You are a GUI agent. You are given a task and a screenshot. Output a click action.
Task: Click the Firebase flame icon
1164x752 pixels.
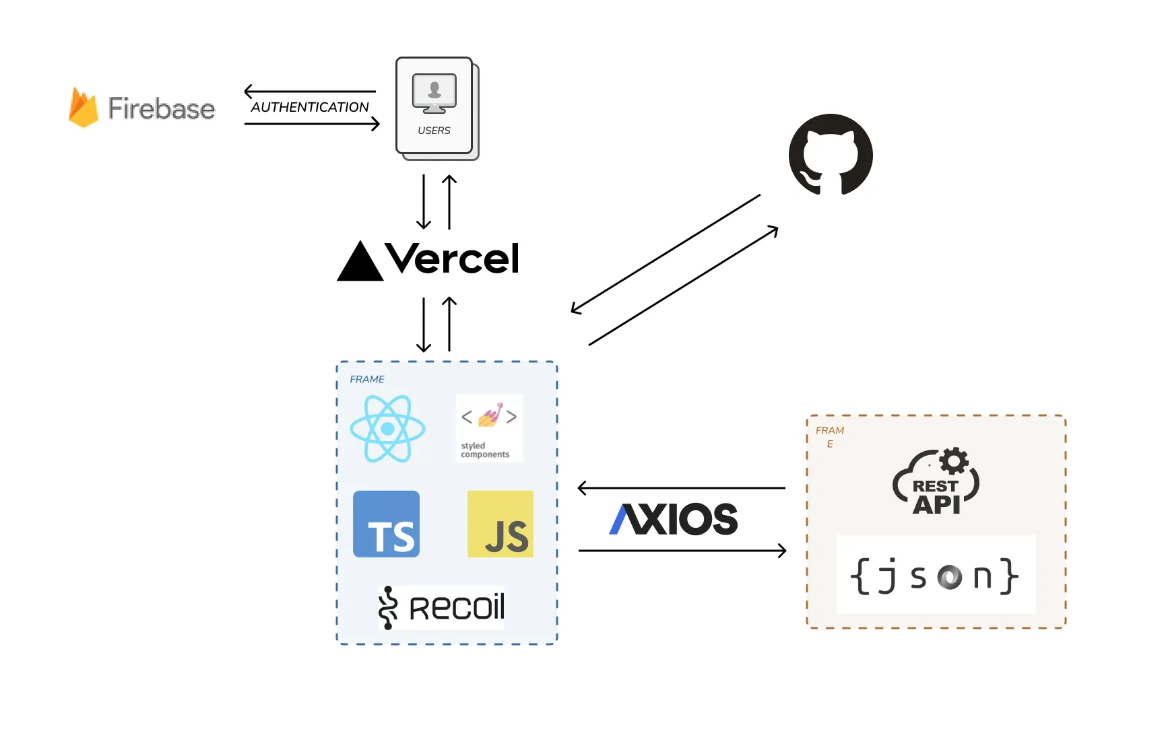coord(84,108)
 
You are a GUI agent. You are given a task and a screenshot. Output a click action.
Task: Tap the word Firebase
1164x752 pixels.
coord(162,108)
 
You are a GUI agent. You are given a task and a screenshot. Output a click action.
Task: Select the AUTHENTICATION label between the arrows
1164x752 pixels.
coord(310,107)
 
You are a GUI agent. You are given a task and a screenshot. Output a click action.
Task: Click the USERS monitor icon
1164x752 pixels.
coord(434,94)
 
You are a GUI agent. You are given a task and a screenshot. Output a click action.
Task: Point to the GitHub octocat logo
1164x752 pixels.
coord(831,155)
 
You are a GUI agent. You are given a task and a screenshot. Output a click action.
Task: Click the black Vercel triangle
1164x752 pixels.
coord(360,262)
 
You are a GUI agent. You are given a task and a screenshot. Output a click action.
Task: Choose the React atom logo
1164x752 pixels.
coord(387,429)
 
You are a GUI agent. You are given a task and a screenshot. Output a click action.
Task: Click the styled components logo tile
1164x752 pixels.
coord(489,428)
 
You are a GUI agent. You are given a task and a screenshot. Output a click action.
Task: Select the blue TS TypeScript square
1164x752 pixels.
coord(386,524)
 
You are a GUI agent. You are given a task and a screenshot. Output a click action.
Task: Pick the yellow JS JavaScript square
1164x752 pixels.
coord(500,524)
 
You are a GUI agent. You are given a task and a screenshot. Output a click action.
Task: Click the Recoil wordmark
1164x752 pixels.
coord(457,608)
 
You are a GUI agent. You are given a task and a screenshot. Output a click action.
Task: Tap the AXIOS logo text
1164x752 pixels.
coord(673,519)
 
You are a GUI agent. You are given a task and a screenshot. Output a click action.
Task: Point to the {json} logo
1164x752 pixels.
coord(935,576)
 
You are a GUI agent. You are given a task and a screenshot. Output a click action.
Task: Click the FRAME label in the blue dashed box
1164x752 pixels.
coord(367,380)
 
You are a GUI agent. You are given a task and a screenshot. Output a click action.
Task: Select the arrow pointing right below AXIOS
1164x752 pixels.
coord(682,551)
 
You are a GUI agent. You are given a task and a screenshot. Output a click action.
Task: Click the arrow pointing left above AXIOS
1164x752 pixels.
coord(681,488)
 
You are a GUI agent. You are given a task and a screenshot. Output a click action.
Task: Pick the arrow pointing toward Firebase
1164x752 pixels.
coord(310,91)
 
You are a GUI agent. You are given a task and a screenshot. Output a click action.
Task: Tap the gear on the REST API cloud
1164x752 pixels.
coord(954,461)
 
